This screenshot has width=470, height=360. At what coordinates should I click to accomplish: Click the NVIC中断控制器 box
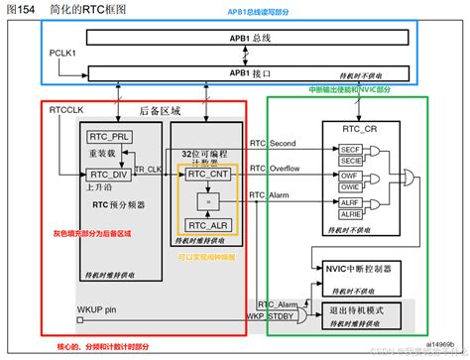coord(361,269)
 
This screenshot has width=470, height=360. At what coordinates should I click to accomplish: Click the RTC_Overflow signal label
coord(274,169)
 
